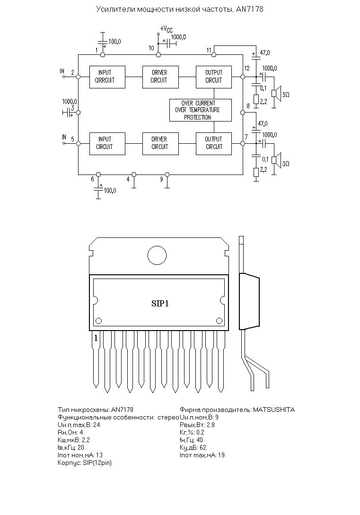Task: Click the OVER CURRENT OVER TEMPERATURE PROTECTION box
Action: tap(201, 110)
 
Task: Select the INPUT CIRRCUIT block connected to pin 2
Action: tap(107, 77)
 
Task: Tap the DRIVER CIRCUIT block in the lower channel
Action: tap(160, 144)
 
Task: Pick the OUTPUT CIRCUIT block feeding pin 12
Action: tap(213, 77)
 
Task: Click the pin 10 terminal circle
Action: tap(158, 54)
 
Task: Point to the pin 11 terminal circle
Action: tap(213, 54)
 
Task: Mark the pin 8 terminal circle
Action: tap(243, 113)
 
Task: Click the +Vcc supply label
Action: tap(166, 29)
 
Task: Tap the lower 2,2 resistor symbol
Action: tap(256, 173)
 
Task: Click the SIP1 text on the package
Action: tap(160, 303)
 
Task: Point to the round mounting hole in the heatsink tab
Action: tap(157, 255)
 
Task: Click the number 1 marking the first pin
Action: tap(96, 338)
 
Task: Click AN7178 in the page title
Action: tap(249, 9)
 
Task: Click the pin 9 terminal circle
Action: tap(167, 174)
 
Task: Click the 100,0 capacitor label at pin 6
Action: tap(110, 191)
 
